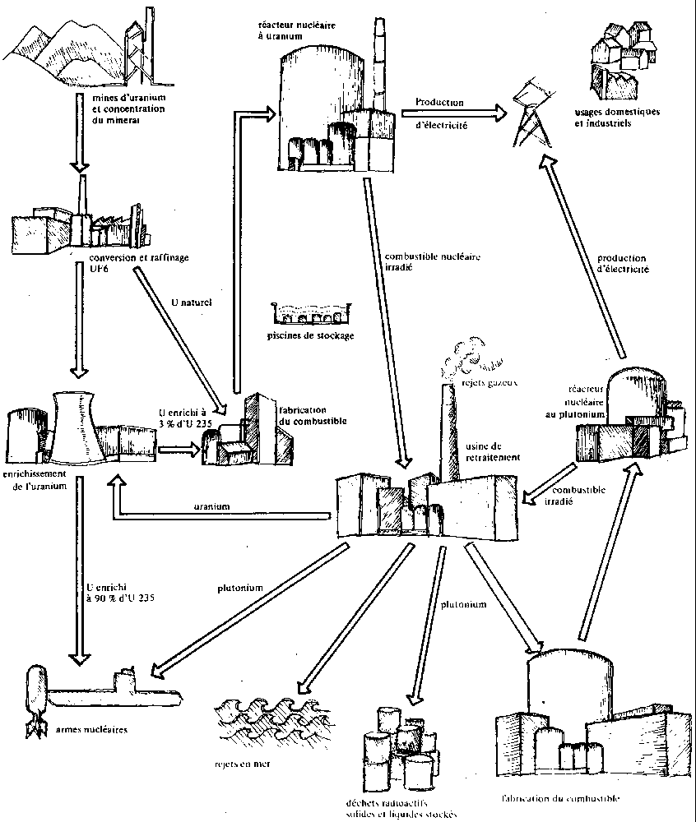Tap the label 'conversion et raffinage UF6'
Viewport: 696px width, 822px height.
click(x=140, y=263)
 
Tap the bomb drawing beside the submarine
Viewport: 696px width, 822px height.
click(x=35, y=695)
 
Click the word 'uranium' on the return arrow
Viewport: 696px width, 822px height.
click(x=212, y=506)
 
